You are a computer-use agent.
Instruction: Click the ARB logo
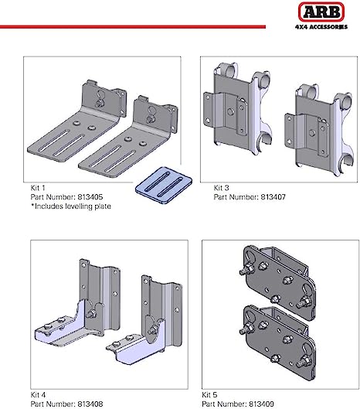321,12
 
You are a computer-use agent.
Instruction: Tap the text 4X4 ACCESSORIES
321,27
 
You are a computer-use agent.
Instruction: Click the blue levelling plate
164,186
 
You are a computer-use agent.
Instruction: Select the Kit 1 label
38,188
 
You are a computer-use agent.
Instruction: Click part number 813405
90,197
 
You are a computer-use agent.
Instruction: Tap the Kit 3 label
221,188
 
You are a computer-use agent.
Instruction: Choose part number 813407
273,197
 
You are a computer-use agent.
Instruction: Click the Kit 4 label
38,394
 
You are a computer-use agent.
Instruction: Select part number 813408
90,404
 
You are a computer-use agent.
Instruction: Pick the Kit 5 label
209,394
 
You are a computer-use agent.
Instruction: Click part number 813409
261,404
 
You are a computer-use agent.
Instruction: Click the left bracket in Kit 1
78,123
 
